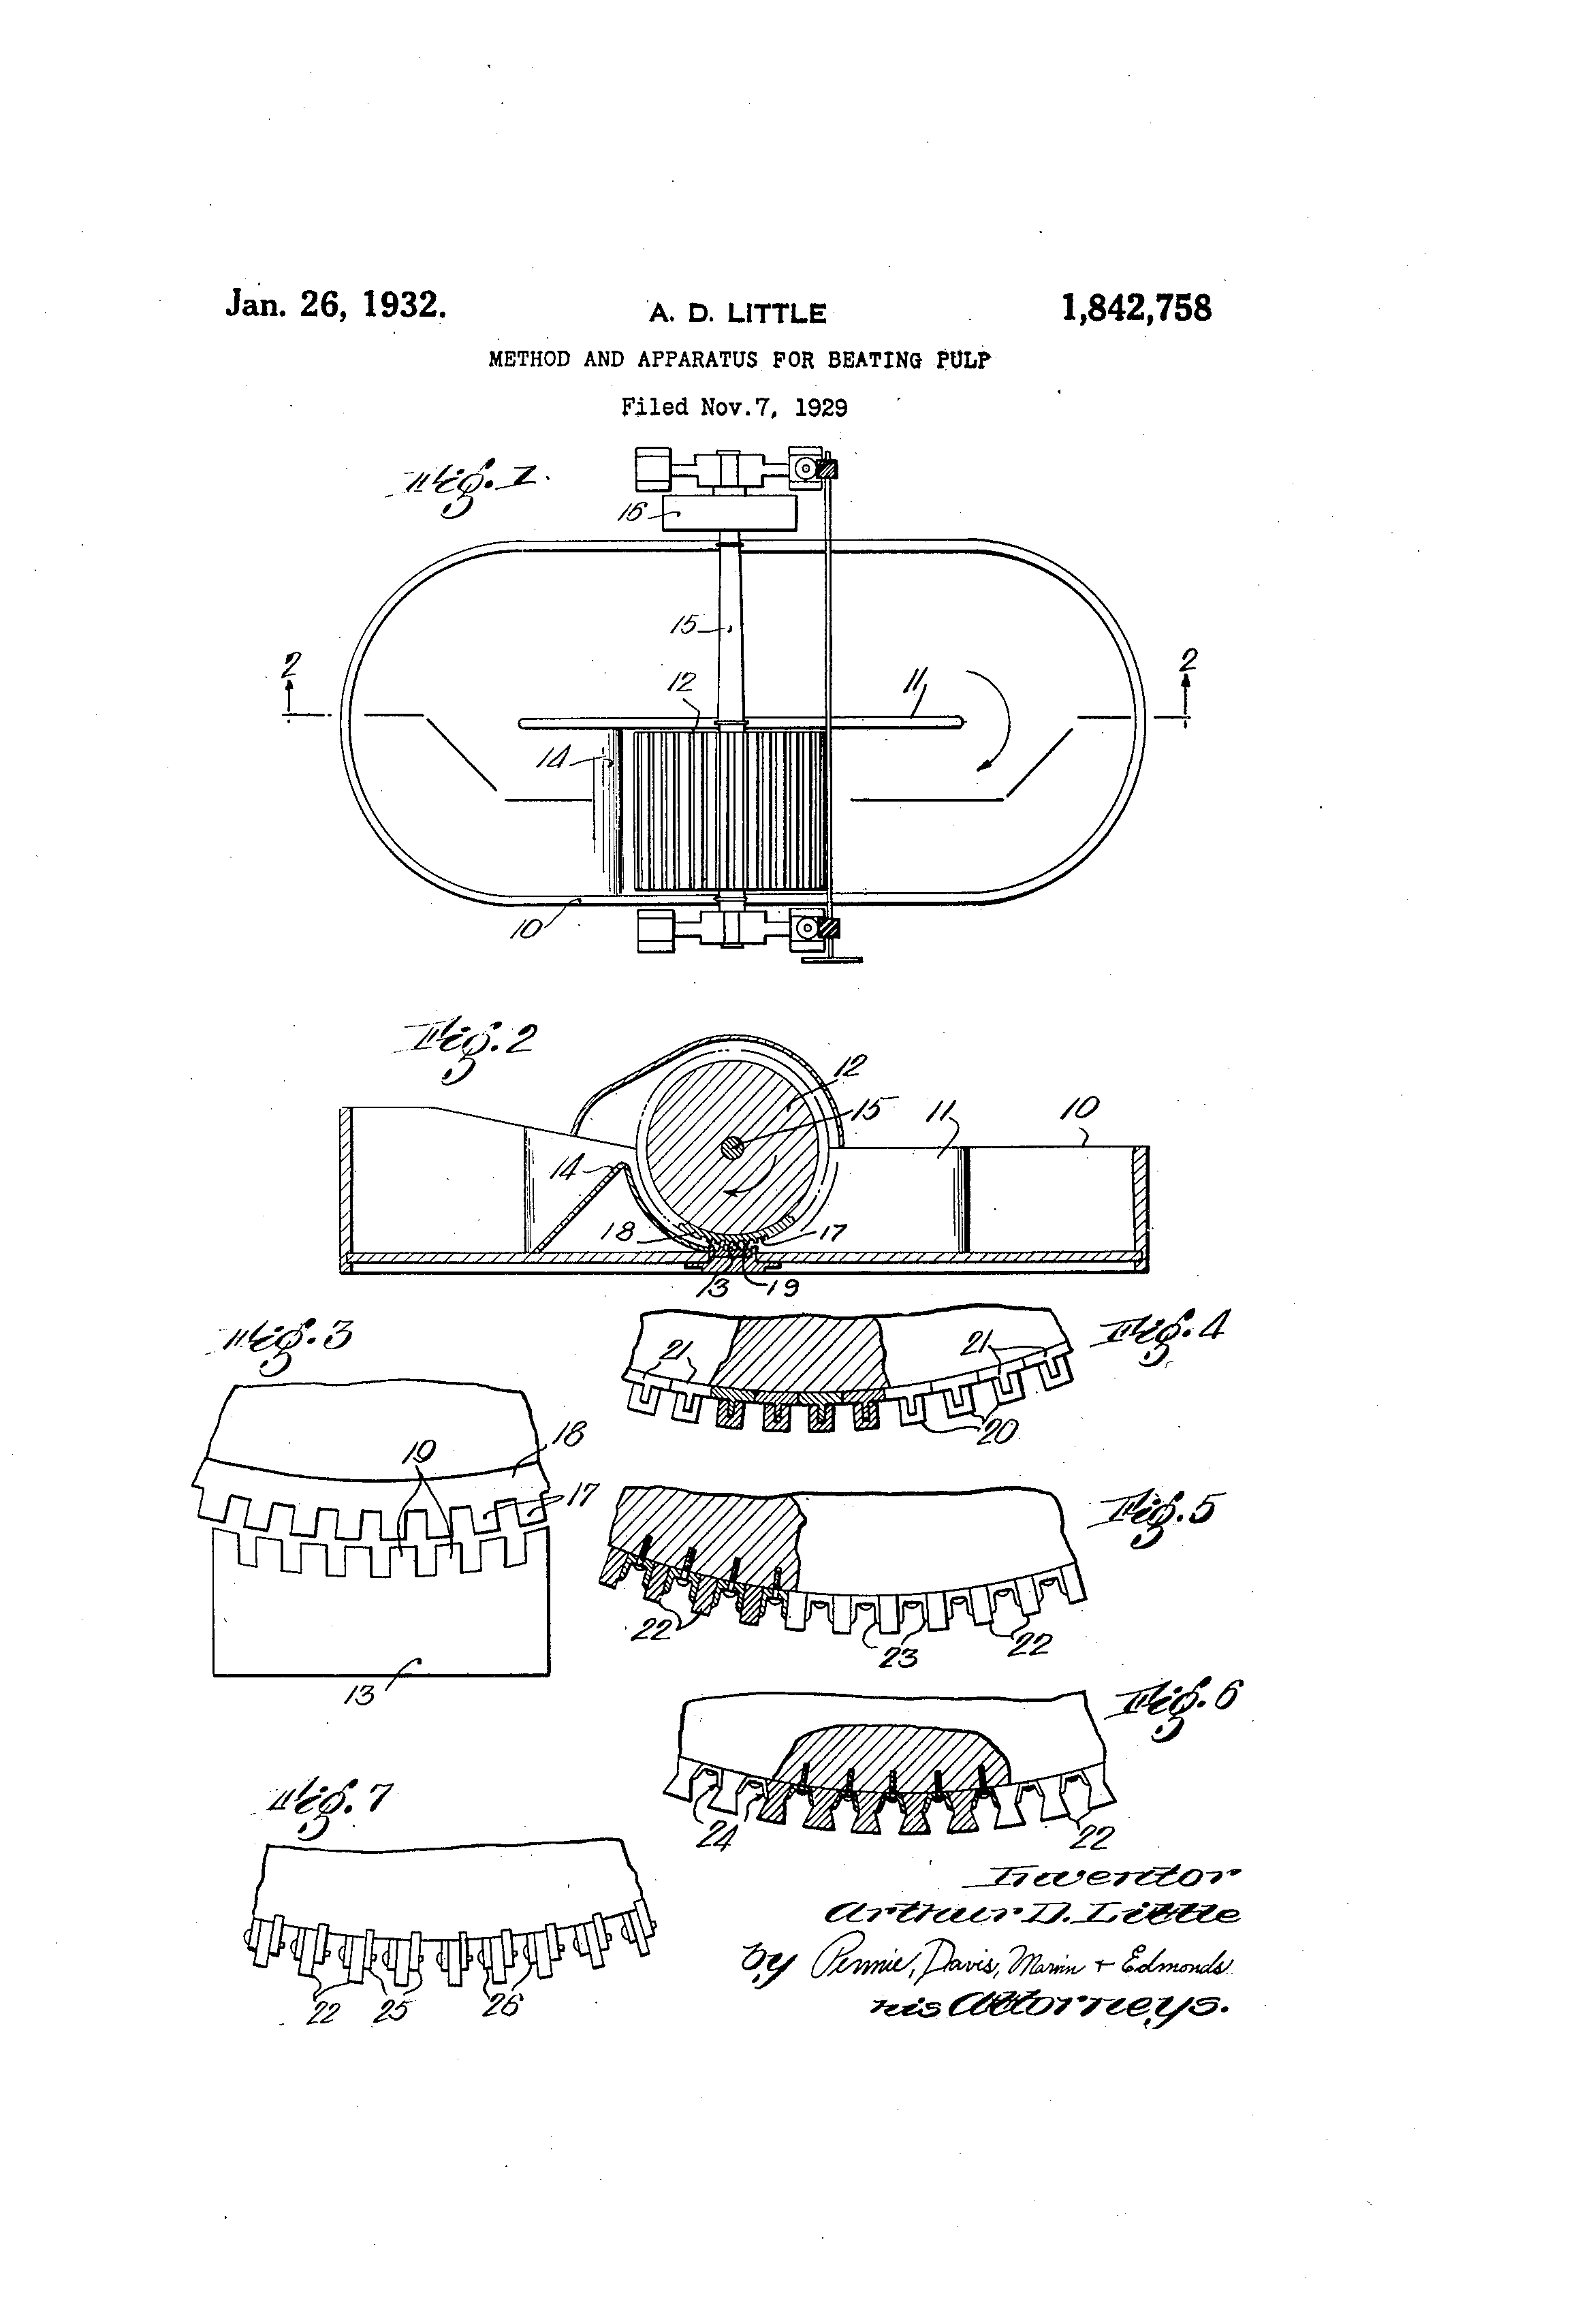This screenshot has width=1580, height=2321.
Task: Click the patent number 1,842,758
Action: pos(1137,308)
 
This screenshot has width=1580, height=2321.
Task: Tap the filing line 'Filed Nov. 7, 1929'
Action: pos(734,407)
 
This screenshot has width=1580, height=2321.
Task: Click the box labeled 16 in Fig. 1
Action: pos(730,514)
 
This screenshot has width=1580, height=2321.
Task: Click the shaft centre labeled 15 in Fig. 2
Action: pos(732,1150)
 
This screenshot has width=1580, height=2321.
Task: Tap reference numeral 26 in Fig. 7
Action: pos(501,2004)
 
